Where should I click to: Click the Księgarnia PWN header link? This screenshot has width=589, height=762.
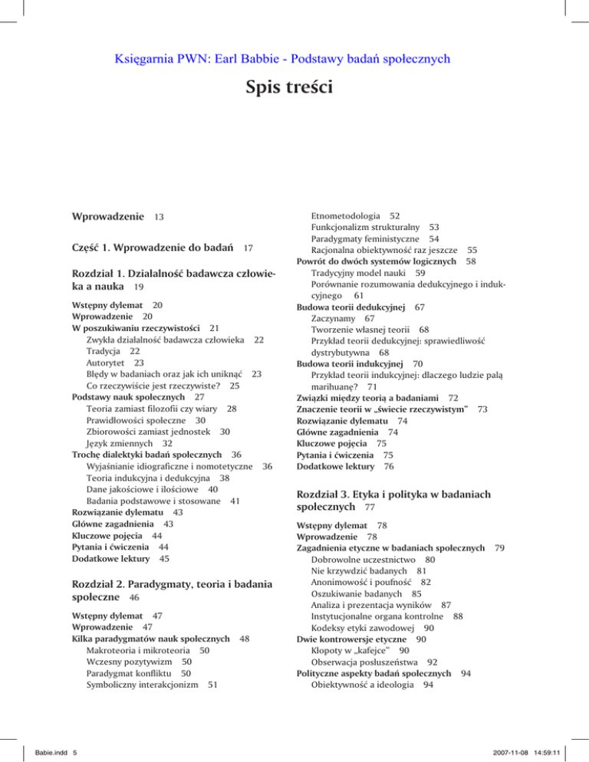pyautogui.click(x=294, y=57)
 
